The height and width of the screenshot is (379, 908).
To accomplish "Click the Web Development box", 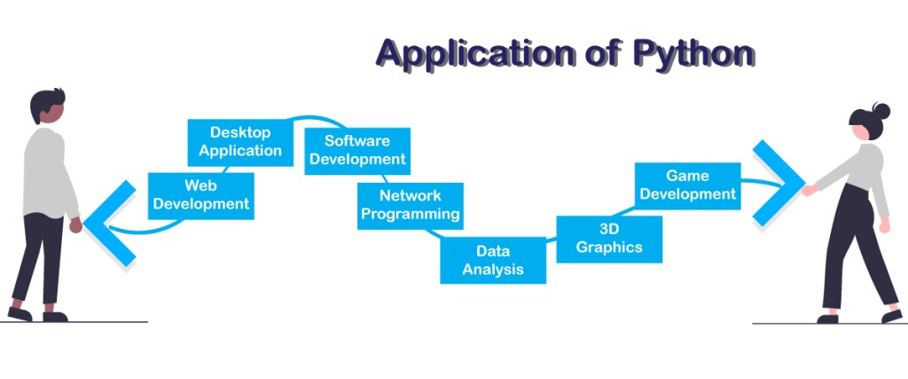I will tap(201, 195).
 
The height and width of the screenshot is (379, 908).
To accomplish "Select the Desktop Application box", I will tap(240, 142).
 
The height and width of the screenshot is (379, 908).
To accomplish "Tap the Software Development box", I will tap(357, 150).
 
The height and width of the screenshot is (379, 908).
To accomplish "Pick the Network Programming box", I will tap(410, 205).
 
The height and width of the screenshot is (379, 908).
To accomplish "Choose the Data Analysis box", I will tap(493, 260).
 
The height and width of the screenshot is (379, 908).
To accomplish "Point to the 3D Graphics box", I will tap(609, 239).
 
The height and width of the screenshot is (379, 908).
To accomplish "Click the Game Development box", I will tap(687, 185).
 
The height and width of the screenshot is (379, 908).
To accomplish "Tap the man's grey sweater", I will tap(44, 173).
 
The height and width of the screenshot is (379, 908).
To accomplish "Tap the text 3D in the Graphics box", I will tap(609, 229).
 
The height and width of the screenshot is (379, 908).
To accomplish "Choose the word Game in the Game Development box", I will tap(687, 176).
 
